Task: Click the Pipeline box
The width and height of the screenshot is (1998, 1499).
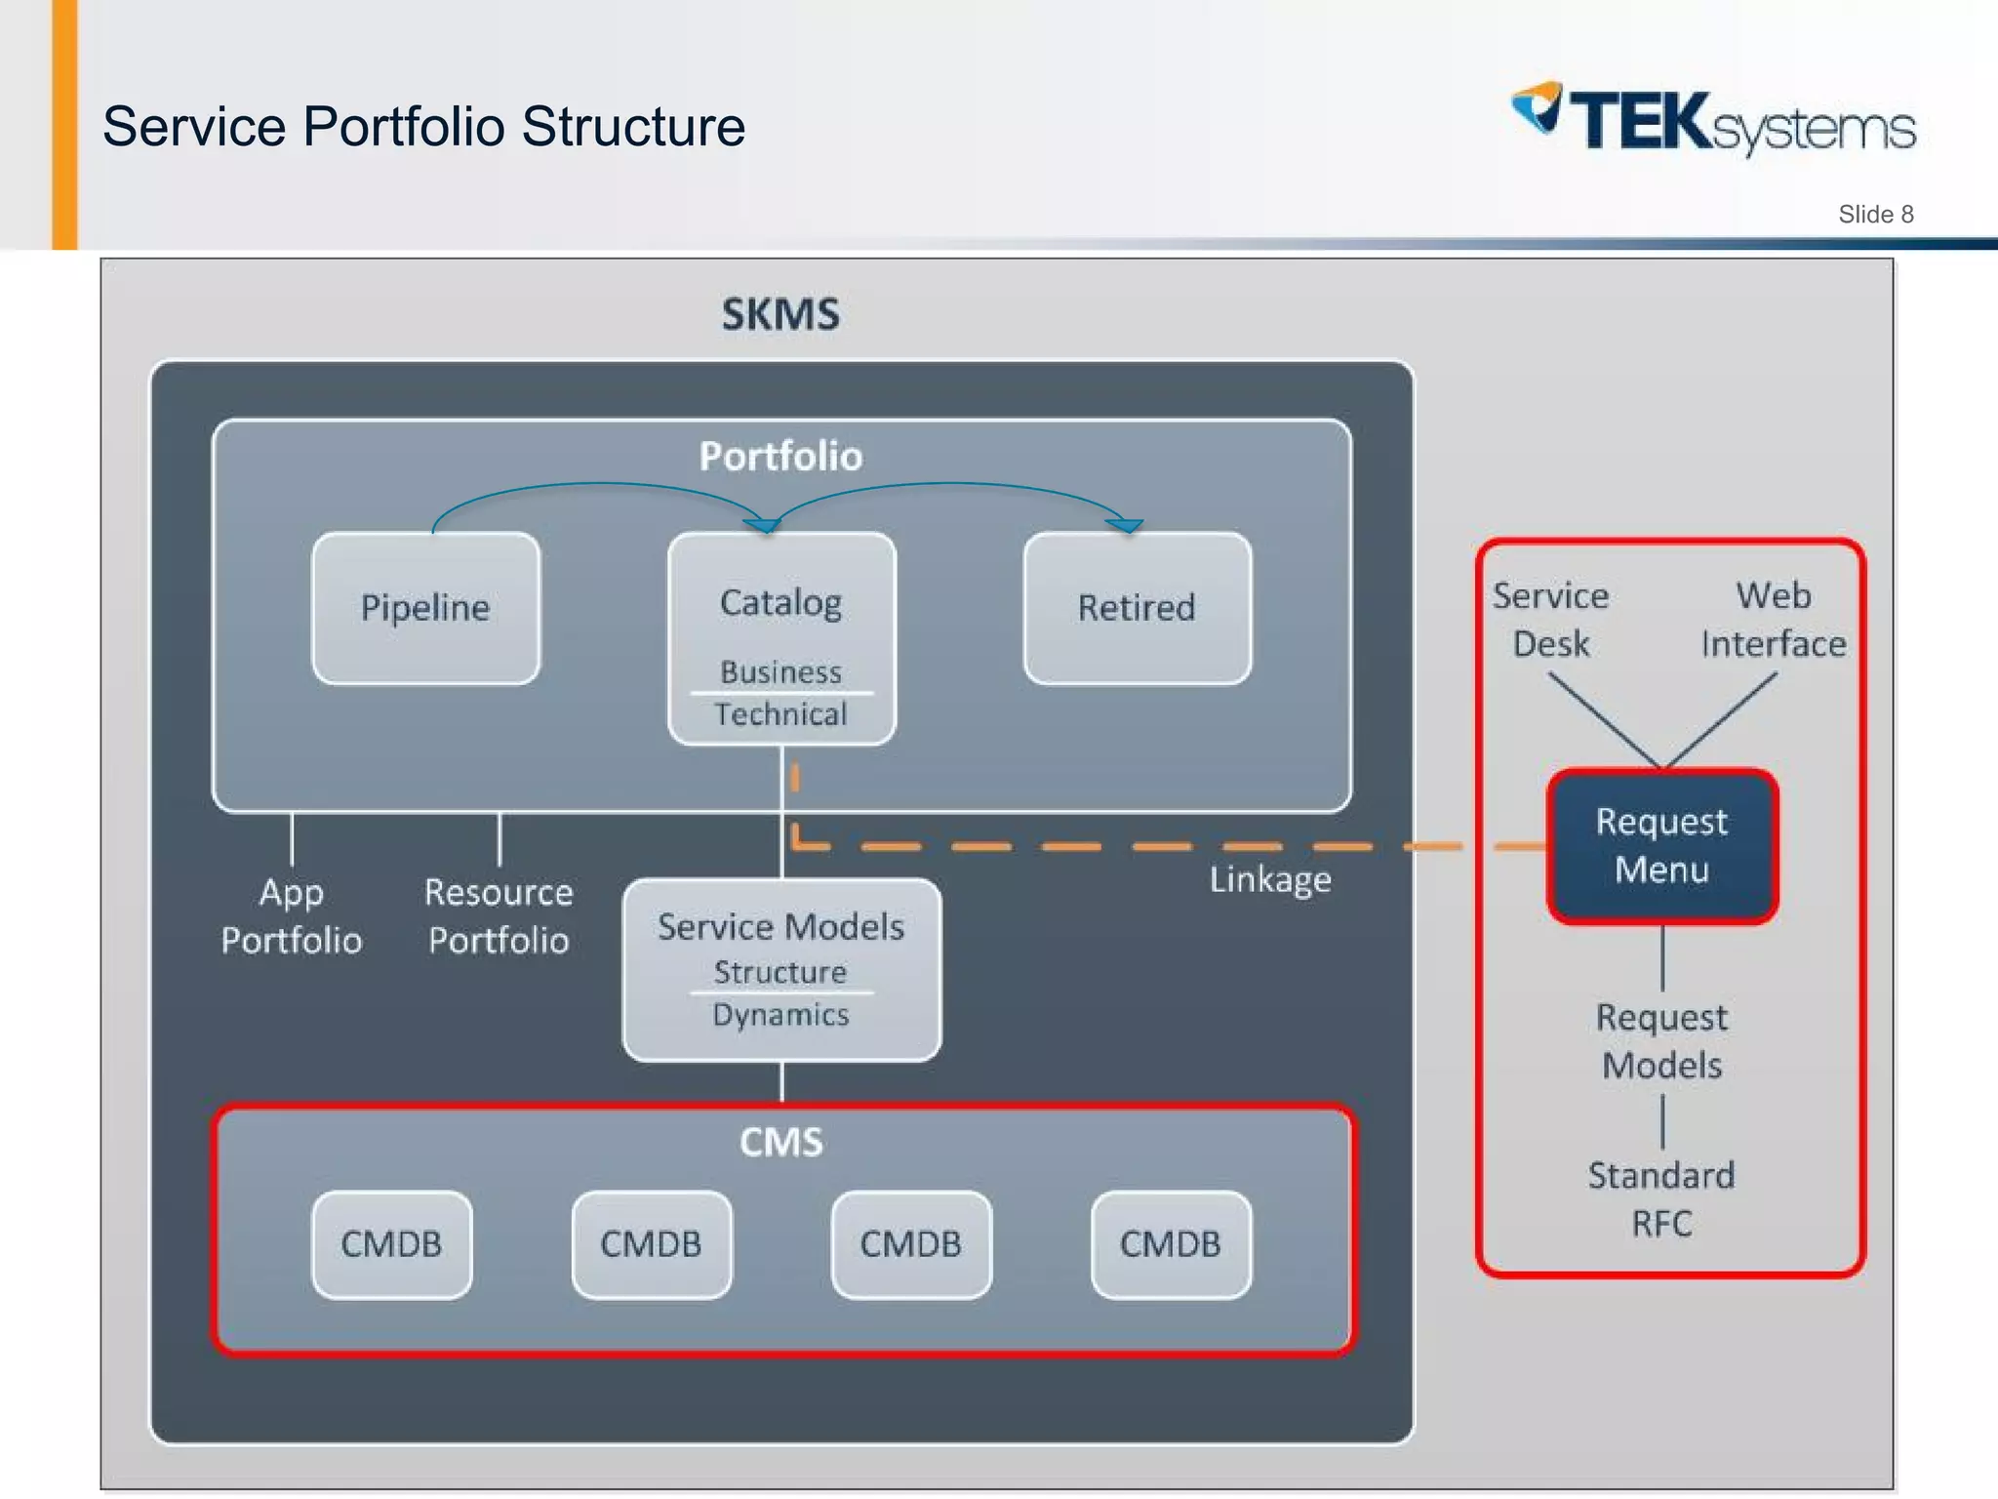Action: [426, 608]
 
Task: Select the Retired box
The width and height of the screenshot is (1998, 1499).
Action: [1138, 608]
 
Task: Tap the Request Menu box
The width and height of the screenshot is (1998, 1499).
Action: [1662, 846]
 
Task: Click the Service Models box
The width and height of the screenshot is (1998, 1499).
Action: [782, 970]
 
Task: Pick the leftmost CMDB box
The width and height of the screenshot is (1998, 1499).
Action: [392, 1244]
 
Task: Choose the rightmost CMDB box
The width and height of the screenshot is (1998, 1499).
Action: [1171, 1244]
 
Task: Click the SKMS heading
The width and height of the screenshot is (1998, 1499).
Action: [780, 314]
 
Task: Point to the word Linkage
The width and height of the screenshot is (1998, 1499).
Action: [1270, 880]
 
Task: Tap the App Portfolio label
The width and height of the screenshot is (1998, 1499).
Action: [292, 916]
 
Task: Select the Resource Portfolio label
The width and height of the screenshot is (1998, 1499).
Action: [499, 916]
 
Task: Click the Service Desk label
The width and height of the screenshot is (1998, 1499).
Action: [1550, 620]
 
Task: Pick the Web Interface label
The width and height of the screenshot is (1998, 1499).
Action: [1774, 620]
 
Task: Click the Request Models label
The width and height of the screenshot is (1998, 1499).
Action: [1662, 1041]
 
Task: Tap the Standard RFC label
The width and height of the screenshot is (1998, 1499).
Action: [1662, 1199]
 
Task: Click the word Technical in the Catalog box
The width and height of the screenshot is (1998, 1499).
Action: [780, 714]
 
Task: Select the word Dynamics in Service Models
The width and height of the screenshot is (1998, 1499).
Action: [780, 1015]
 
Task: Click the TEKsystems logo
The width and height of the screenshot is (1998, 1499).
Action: [1714, 120]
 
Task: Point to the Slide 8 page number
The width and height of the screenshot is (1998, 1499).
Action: [1876, 215]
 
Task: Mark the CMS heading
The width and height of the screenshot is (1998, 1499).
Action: [781, 1143]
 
